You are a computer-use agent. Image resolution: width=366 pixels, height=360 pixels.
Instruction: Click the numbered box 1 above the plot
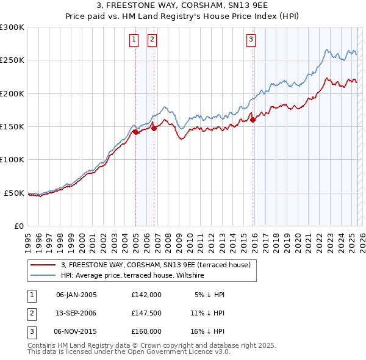pyautogui.click(x=134, y=40)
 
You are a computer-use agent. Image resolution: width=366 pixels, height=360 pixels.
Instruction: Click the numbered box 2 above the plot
pyautogui.click(x=152, y=40)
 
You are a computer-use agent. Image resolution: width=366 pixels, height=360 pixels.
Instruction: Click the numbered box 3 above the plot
pyautogui.click(x=251, y=40)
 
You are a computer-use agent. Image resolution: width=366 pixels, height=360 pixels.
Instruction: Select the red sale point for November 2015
pyautogui.click(x=253, y=120)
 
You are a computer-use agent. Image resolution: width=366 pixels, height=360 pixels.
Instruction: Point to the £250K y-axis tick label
pyautogui.click(x=12, y=60)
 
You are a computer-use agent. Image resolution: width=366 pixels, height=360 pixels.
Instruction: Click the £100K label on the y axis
pyautogui.click(x=12, y=160)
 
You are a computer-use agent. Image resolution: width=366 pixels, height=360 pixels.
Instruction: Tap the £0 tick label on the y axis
pyautogui.click(x=18, y=226)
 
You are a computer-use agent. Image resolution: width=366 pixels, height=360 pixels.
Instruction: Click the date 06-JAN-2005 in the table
pyautogui.click(x=76, y=295)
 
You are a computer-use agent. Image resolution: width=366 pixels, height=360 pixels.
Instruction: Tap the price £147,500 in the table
pyautogui.click(x=146, y=313)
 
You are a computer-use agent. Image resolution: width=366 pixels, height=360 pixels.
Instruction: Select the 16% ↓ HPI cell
pyautogui.click(x=207, y=331)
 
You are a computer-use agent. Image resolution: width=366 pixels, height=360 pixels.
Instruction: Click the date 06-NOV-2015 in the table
pyautogui.click(x=76, y=331)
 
